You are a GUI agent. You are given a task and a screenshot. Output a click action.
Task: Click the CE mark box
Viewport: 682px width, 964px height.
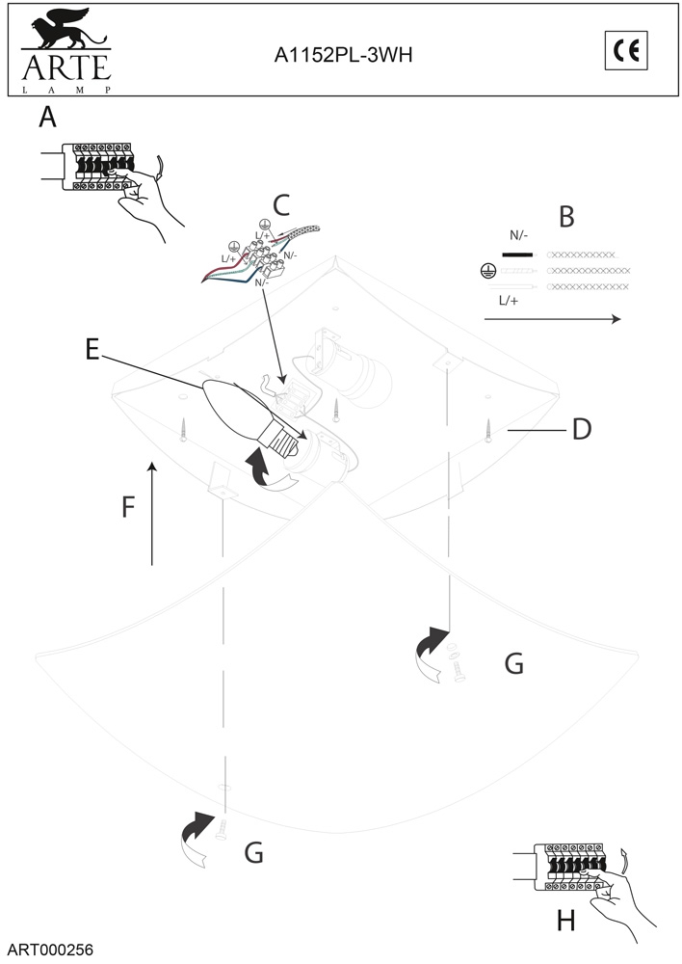(626, 51)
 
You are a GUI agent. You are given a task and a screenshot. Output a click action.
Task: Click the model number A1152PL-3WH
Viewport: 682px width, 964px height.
(343, 56)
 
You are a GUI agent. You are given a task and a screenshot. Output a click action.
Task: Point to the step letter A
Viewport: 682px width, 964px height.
(47, 118)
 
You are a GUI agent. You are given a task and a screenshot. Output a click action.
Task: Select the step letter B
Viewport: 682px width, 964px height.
(566, 216)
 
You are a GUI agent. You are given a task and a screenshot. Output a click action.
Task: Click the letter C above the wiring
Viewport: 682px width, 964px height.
(280, 204)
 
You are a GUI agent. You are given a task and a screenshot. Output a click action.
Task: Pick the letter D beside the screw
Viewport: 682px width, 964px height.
(581, 429)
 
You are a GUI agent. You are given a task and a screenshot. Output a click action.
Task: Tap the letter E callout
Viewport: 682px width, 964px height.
(92, 350)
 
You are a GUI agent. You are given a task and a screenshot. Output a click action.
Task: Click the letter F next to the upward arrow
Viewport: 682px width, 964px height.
(127, 507)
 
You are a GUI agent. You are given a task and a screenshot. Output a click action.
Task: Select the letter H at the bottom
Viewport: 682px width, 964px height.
(566, 922)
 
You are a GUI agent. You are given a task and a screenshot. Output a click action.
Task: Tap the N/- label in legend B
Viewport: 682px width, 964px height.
(518, 234)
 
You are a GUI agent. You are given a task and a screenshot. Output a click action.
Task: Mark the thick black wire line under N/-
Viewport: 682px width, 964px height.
(517, 255)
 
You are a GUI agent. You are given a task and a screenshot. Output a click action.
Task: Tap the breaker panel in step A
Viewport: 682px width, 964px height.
(96, 167)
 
